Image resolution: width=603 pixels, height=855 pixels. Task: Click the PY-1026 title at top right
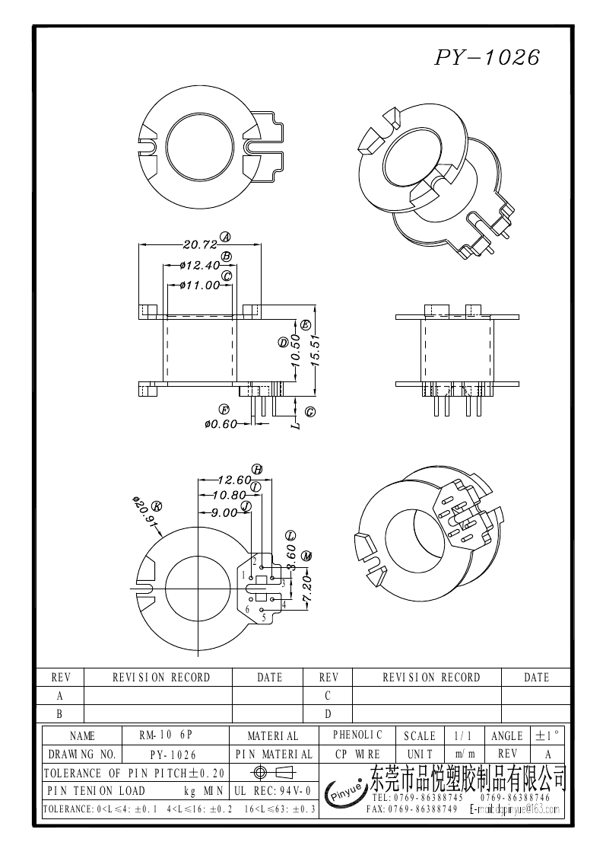[x=487, y=58]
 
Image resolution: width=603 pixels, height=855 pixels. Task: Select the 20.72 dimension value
[x=200, y=245]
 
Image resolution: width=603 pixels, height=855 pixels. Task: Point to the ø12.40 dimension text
[x=201, y=266]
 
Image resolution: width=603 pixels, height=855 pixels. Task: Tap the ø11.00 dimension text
[x=199, y=286]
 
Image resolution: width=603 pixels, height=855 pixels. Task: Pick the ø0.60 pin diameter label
[x=221, y=424]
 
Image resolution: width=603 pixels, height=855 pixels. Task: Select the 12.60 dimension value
[x=233, y=480]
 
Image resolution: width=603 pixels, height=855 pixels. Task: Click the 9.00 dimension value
[x=224, y=513]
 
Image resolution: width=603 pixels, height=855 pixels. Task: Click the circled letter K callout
[x=157, y=506]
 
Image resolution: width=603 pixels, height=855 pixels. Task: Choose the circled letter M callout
[x=306, y=557]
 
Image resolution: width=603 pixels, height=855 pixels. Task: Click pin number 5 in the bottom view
[x=263, y=617]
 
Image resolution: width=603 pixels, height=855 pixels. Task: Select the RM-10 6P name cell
[x=166, y=736]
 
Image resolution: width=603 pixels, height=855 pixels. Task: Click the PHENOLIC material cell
[x=357, y=735]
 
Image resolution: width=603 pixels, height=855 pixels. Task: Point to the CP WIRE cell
[x=357, y=755]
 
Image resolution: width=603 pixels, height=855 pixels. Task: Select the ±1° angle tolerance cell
[x=547, y=736]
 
